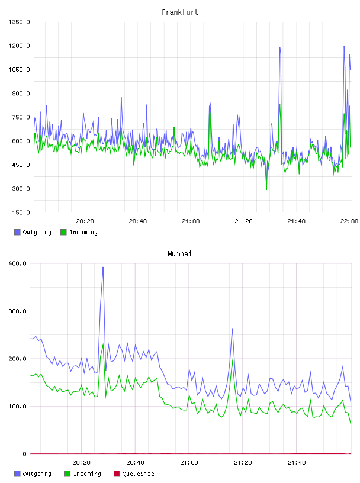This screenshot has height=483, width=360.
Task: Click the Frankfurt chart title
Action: (x=180, y=12)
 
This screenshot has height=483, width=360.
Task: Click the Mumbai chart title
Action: (x=179, y=254)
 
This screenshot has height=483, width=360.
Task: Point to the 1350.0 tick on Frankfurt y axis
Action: (x=19, y=22)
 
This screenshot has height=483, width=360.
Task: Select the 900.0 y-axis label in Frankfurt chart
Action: (x=21, y=94)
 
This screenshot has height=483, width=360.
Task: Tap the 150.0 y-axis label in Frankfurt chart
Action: (x=21, y=212)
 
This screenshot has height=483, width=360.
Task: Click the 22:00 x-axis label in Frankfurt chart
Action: (x=349, y=221)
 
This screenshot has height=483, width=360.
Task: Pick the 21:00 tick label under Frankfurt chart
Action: (x=191, y=221)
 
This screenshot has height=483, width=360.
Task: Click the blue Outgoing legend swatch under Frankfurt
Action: (x=17, y=232)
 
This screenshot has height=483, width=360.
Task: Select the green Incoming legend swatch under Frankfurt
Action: (x=63, y=232)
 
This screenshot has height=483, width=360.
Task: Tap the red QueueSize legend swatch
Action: (x=117, y=474)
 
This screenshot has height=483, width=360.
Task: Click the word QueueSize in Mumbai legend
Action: (x=138, y=474)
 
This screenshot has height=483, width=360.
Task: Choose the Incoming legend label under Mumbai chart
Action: (x=87, y=474)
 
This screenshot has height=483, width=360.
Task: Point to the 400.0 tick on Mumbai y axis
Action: (x=18, y=263)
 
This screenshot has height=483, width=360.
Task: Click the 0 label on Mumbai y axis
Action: (x=25, y=454)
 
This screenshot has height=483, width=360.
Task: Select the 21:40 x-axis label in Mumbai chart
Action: (x=297, y=463)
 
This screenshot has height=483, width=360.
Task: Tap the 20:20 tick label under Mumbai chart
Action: (x=81, y=463)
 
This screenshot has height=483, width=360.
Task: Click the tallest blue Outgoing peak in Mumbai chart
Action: (x=103, y=267)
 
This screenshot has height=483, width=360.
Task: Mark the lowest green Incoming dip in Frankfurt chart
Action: (x=266, y=189)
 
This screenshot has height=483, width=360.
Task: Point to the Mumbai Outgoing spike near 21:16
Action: (x=232, y=329)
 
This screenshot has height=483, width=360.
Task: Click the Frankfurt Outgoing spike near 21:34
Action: (x=280, y=47)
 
